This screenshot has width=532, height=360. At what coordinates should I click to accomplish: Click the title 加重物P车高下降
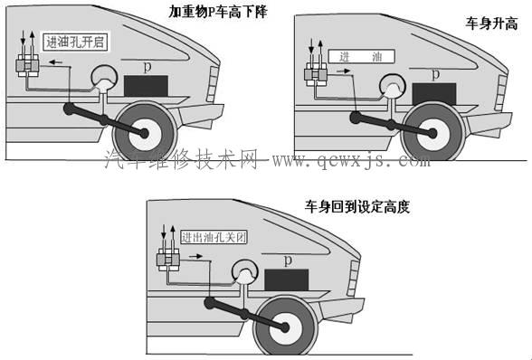point(218,13)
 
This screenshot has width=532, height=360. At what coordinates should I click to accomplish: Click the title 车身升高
point(491,24)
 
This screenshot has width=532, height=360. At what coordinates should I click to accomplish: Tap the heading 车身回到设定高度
point(356,206)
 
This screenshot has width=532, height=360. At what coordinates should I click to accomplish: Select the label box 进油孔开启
point(75,43)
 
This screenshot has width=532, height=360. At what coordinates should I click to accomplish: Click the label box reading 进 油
point(362,57)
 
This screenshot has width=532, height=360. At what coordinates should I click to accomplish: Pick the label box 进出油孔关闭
point(214,237)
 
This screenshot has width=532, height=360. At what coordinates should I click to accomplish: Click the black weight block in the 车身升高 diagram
point(434,94)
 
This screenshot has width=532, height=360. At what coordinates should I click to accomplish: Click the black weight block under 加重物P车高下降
point(146,86)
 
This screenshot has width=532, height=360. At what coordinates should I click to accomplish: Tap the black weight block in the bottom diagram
point(286,279)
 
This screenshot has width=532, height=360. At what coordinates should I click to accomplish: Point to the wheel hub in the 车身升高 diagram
point(432,134)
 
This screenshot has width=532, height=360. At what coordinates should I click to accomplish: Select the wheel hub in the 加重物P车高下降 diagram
point(144,133)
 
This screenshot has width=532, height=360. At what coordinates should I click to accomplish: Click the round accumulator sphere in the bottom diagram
point(245,271)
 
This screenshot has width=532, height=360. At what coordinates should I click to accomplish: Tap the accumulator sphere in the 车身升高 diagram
point(393,85)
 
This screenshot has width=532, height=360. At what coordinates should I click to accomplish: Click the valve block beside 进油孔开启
point(27,65)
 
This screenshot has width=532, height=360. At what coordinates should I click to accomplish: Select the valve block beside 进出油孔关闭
point(168,260)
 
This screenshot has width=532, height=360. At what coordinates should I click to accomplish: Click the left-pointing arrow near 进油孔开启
point(55,62)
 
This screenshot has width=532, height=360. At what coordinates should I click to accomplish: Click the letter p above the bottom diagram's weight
point(288,261)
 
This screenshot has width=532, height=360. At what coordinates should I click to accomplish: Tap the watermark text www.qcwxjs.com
point(351,159)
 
